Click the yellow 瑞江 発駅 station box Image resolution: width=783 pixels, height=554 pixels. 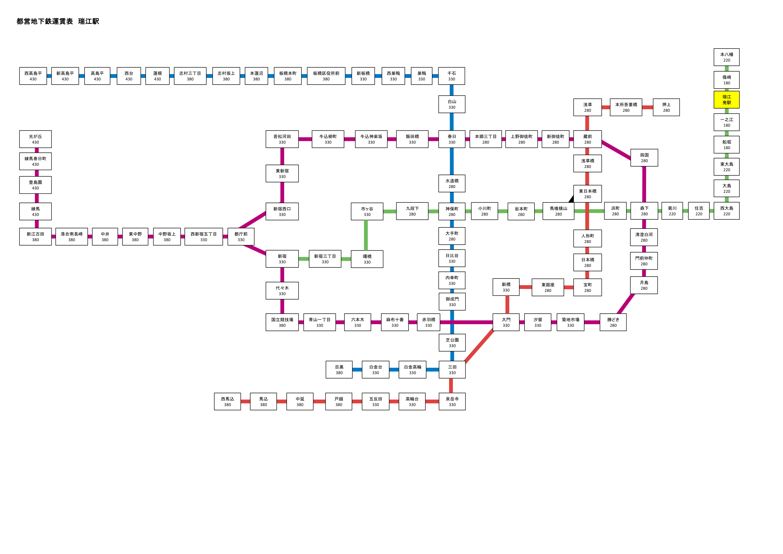click(726, 100)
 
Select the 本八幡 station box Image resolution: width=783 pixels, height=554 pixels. click(726, 57)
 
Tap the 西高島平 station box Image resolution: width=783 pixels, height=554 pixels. click(33, 76)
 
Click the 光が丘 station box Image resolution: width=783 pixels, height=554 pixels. click(36, 139)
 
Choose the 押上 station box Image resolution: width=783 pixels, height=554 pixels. click(666, 107)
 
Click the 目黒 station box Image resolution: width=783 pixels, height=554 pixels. click(339, 370)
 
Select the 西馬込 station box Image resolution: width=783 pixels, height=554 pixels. click(227, 401)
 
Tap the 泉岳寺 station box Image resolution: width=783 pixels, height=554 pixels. click(452, 401)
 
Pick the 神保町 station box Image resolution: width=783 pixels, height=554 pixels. click(452, 211)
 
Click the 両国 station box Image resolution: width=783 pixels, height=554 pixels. click(644, 158)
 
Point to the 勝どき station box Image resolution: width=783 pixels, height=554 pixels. click(613, 322)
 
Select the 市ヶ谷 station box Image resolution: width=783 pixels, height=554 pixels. click(367, 211)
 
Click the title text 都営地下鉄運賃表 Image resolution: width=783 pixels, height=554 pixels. click(45, 21)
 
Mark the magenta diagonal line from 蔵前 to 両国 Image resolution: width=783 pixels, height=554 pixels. click(616, 150)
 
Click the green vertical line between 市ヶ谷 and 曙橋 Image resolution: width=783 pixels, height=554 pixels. click(366, 235)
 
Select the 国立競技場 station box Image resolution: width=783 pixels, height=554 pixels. click(282, 322)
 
